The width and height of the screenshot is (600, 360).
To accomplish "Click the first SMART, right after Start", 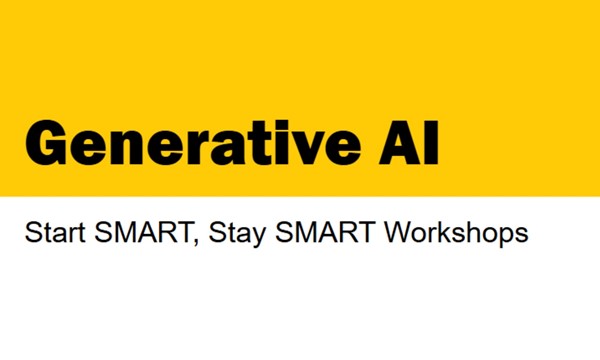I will coord(122,235).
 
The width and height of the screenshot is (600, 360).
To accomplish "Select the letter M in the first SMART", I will coord(109,235).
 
